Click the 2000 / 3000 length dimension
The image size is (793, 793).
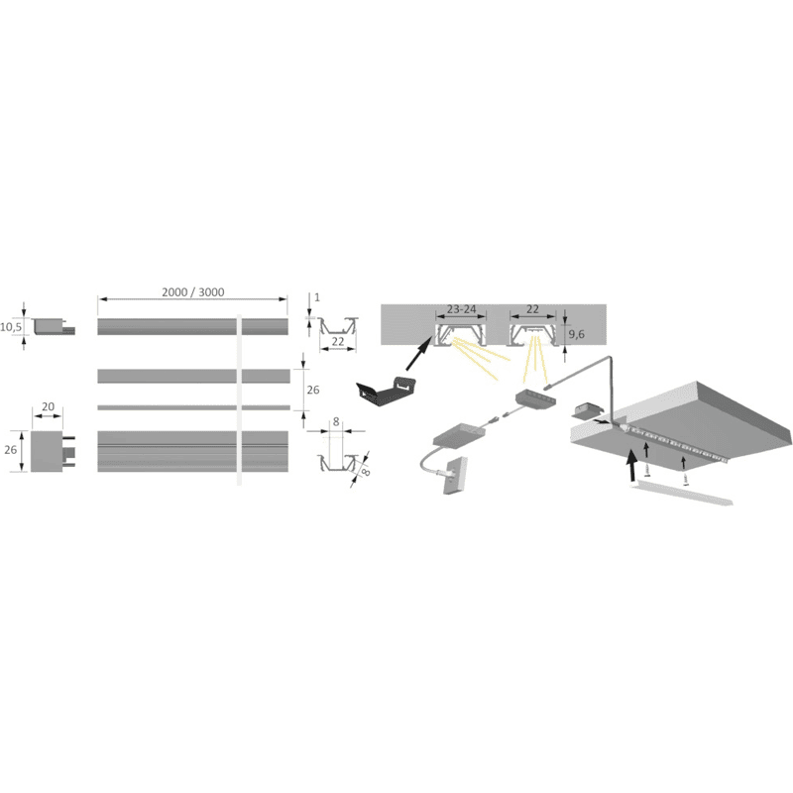[192, 292]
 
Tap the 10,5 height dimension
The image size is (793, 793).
[11, 327]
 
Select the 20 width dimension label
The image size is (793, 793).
[48, 406]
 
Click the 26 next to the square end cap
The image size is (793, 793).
[11, 450]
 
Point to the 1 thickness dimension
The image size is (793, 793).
[317, 297]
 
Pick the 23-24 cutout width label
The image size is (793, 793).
[461, 309]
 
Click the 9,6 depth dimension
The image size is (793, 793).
[577, 334]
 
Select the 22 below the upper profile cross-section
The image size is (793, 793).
[338, 341]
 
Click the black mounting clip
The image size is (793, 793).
[386, 392]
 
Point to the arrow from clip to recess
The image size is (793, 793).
[419, 355]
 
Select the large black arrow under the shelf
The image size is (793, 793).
[631, 465]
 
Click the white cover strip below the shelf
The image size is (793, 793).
[681, 493]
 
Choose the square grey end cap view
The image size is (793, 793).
[47, 451]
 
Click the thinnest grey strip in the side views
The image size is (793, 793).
[193, 407]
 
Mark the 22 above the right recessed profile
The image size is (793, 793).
[532, 309]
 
